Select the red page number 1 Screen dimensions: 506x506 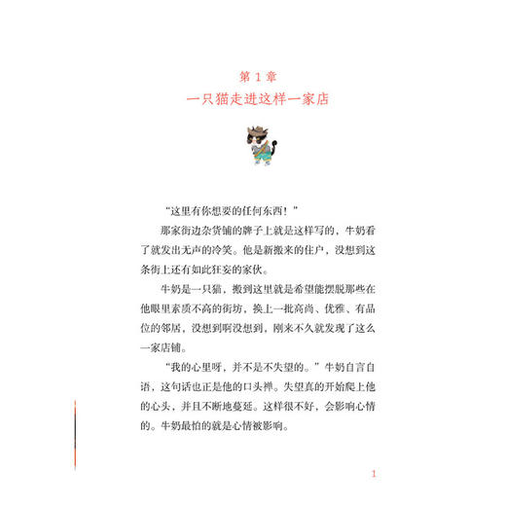pos(373,474)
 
